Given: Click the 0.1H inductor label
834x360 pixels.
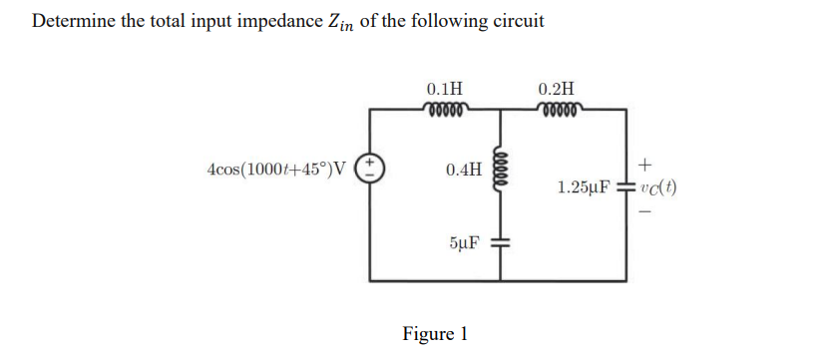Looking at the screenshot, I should (443, 88).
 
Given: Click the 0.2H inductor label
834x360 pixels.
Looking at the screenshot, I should (556, 88).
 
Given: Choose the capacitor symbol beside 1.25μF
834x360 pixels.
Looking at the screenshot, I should (626, 186).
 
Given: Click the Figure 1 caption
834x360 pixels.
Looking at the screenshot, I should (435, 333).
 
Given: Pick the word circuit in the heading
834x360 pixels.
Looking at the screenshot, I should (516, 21).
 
